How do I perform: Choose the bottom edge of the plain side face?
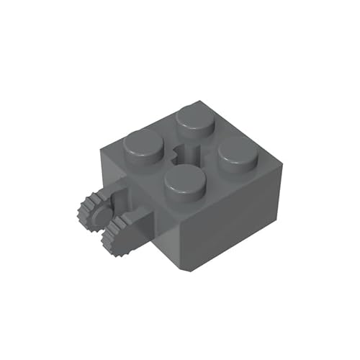(234, 248)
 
